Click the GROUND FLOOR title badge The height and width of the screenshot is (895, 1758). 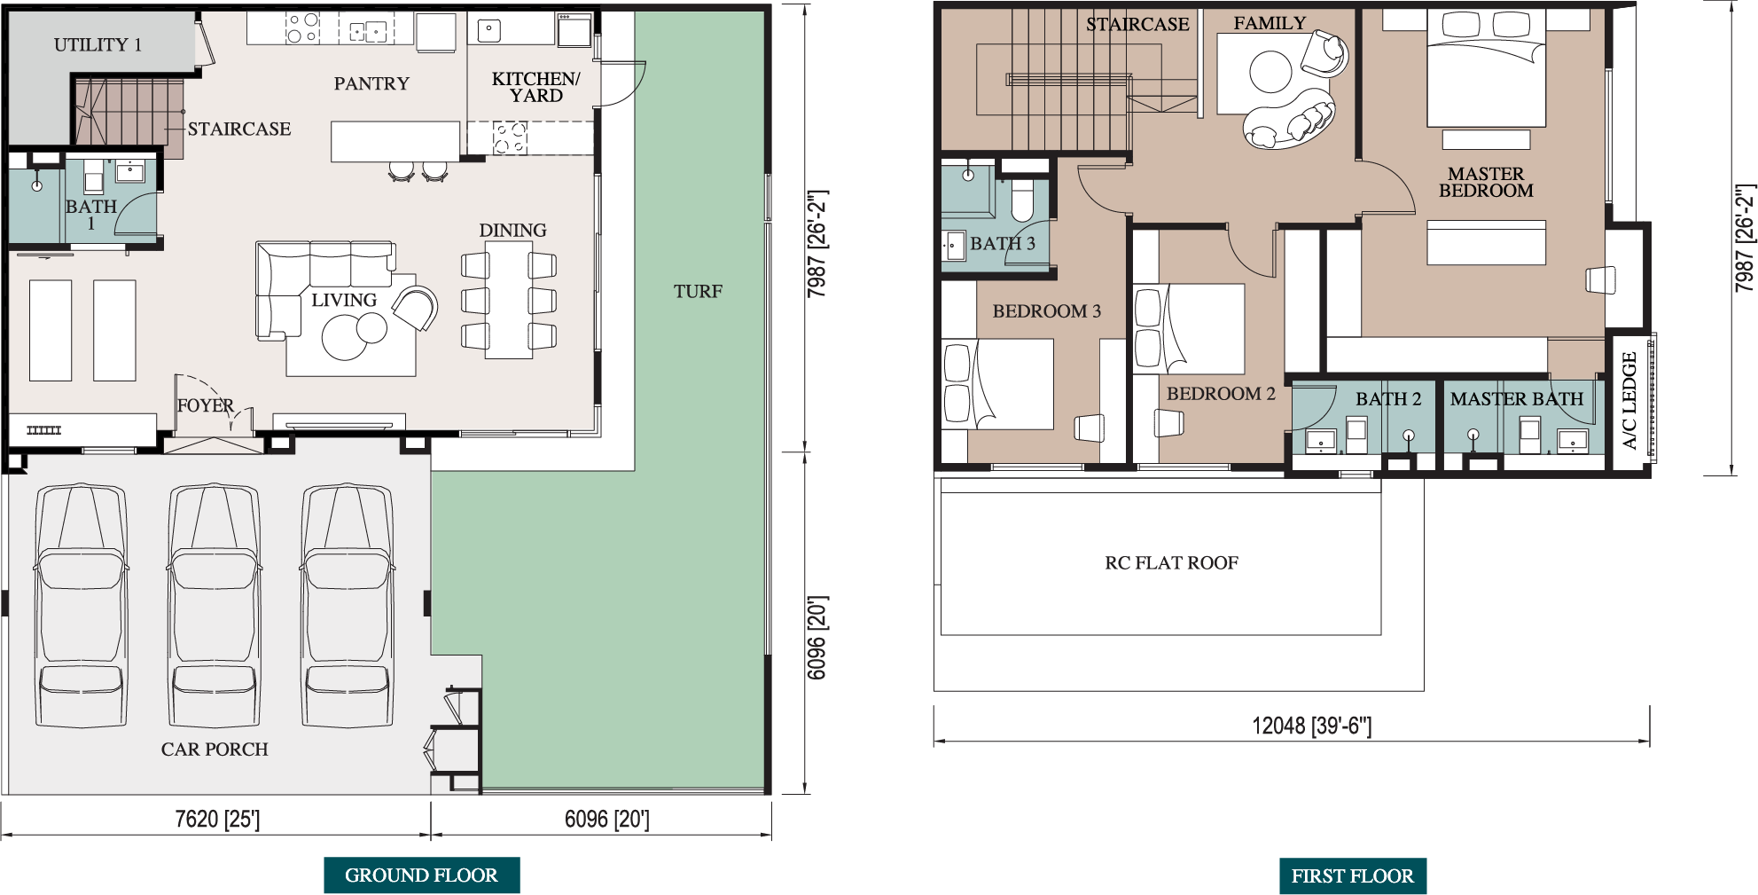pos(421,875)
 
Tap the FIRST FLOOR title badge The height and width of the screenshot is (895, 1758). pos(1352,875)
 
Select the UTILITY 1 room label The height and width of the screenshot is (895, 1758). pos(98,44)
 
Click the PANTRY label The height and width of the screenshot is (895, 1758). pos(371,83)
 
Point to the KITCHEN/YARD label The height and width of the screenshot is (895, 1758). pos(535,87)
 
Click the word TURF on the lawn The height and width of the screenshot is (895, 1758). pos(698,291)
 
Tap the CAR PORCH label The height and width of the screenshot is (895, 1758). pos(215,749)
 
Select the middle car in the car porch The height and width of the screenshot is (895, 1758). pos(214,606)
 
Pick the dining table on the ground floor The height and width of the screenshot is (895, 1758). pos(509,300)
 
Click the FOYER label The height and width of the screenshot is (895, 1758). pos(205,405)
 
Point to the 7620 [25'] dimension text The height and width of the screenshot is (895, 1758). pos(217,819)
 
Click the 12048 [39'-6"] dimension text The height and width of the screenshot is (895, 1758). pos(1311,726)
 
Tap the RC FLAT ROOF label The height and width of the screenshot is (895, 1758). pos(1171,562)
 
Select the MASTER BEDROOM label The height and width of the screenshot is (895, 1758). pos(1486,182)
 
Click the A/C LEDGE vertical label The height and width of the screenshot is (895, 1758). pos(1629,401)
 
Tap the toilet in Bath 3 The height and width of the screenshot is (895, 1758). pos(1022,200)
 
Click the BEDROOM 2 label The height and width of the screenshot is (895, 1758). pos(1221,393)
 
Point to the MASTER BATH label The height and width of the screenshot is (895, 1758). pos(1516,399)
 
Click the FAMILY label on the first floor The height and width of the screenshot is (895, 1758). pos(1270,23)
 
